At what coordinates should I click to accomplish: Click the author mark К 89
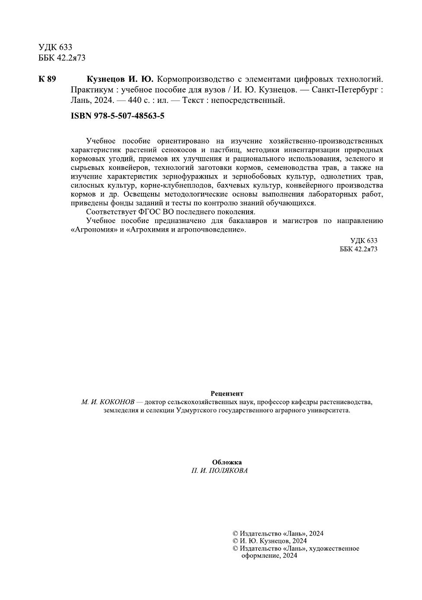pyautogui.click(x=47, y=79)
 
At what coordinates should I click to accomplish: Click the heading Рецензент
pyautogui.click(x=227, y=393)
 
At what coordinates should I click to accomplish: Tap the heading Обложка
pyautogui.click(x=227, y=462)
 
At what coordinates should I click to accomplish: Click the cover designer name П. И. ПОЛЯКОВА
pyautogui.click(x=220, y=471)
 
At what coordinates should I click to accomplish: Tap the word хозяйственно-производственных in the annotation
pyautogui.click(x=326, y=141)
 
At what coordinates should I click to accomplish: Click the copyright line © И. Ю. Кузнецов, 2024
pyautogui.click(x=270, y=541)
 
